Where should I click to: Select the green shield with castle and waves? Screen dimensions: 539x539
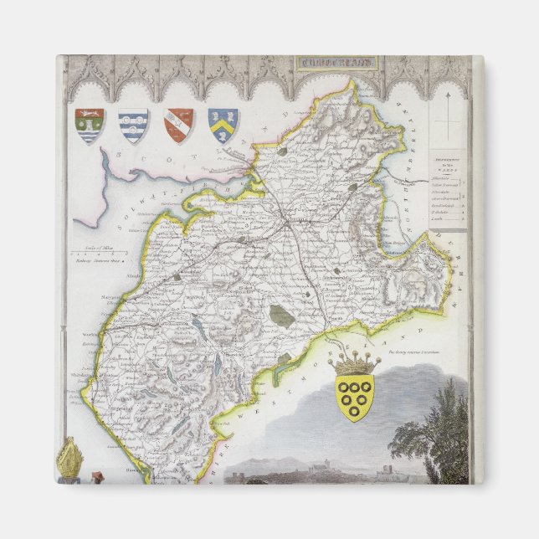click(x=89, y=126)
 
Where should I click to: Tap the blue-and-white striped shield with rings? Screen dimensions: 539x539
click(x=133, y=126)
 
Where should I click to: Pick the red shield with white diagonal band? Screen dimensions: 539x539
click(x=177, y=125)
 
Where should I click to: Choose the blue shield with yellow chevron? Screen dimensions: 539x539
click(x=223, y=125)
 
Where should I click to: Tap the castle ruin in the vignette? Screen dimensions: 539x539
click(x=384, y=465)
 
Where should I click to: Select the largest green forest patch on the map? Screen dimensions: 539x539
click(x=281, y=316)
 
